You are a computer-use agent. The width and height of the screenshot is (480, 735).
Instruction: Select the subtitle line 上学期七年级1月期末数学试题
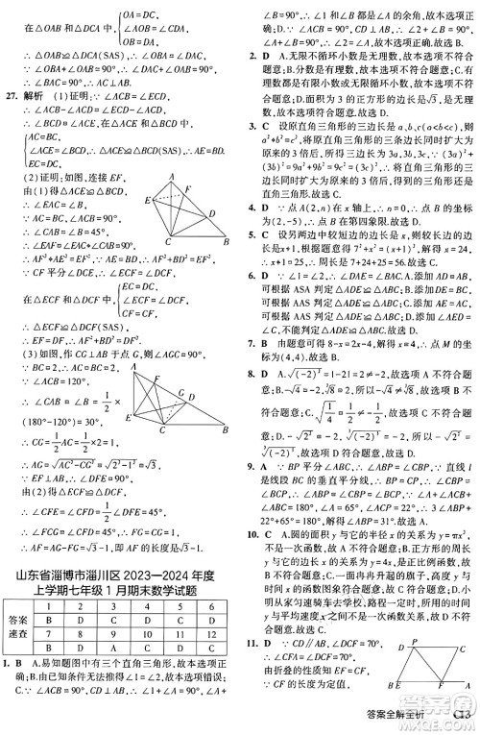[120, 593]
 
